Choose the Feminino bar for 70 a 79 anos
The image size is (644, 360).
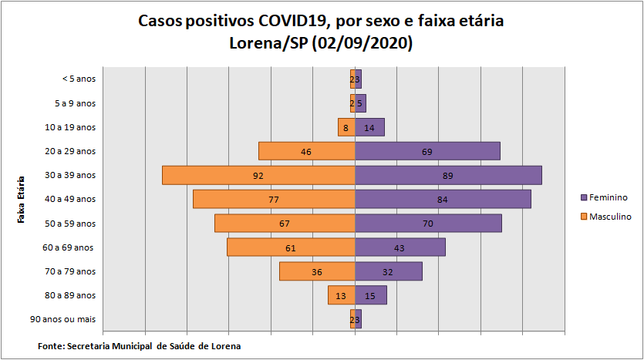click(401, 271)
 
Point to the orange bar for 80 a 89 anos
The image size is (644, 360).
click(336, 295)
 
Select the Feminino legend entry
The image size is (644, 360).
click(609, 197)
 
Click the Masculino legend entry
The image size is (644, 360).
click(610, 217)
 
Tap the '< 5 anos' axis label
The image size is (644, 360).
click(79, 79)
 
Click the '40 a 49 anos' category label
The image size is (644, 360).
click(70, 199)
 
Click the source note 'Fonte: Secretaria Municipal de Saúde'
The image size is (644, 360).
click(139, 346)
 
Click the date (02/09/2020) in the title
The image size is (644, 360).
click(362, 43)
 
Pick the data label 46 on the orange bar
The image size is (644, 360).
click(306, 152)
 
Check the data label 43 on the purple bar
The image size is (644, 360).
click(400, 247)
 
